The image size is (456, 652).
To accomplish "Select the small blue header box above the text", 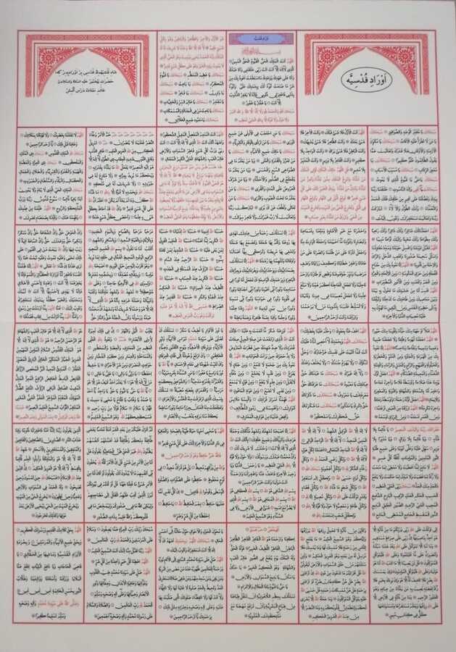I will point(261,38).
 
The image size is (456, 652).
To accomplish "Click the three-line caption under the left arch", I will point(87,80).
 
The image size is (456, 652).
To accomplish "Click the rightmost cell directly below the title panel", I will point(405,174).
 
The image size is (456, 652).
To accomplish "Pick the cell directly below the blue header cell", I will point(261,174).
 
